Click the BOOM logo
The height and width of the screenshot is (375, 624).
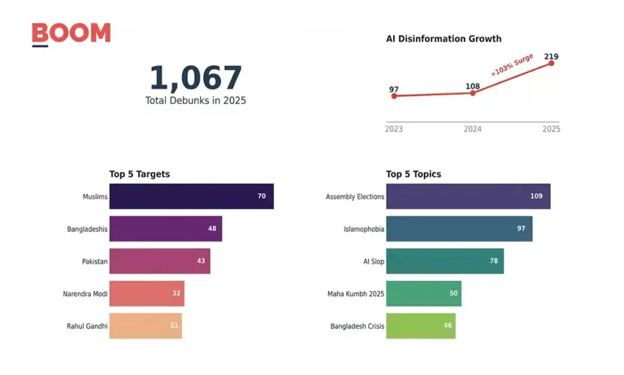[x=71, y=33]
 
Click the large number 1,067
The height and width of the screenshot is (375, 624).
[x=195, y=78]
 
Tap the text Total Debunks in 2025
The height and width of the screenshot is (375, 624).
[x=195, y=101]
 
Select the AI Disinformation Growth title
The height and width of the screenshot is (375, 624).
[x=444, y=38]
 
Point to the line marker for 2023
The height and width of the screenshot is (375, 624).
[x=394, y=96]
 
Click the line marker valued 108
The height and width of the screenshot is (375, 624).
[x=473, y=93]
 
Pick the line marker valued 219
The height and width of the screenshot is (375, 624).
[x=552, y=63]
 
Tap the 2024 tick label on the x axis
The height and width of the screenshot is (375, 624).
[x=473, y=129]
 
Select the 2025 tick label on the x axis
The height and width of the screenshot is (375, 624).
[x=551, y=129]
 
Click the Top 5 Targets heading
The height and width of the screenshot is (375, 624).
[x=140, y=174]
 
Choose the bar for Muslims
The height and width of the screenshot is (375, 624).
[x=191, y=196]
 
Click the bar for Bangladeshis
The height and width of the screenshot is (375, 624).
[x=165, y=229]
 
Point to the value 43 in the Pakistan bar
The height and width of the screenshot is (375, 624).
[x=201, y=261]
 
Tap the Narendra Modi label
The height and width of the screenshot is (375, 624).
[x=85, y=294]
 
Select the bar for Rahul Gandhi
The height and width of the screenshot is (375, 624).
[x=145, y=326]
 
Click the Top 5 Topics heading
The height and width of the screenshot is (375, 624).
[x=414, y=174]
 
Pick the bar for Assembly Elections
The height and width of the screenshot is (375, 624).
[x=468, y=196]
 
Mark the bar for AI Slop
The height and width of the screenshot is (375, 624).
[x=444, y=261]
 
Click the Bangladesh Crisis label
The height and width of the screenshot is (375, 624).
[x=357, y=326]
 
